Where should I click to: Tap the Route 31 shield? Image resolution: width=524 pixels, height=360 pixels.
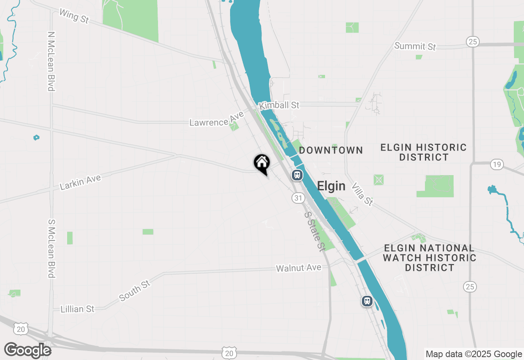pyautogui.click(x=298, y=198)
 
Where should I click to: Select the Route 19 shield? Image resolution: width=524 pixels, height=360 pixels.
pyautogui.click(x=497, y=165)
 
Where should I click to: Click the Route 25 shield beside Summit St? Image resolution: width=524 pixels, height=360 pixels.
pyautogui.click(x=473, y=41)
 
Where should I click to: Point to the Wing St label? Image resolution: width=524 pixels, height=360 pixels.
pyautogui.click(x=74, y=16)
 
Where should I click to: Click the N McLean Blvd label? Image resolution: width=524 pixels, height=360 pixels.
pyautogui.click(x=51, y=61)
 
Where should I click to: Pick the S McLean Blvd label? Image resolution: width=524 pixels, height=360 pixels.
pyautogui.click(x=51, y=248)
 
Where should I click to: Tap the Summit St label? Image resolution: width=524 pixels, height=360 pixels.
pyautogui.click(x=415, y=46)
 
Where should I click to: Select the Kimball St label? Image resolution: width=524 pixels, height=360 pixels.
pyautogui.click(x=280, y=105)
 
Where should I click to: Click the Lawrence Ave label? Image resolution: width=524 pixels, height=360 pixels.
pyautogui.click(x=217, y=119)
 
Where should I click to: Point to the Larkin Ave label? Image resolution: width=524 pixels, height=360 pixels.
pyautogui.click(x=80, y=182)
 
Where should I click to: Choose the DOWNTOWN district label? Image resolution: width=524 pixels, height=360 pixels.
pyautogui.click(x=331, y=150)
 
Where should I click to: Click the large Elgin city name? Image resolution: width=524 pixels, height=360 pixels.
pyautogui.click(x=331, y=187)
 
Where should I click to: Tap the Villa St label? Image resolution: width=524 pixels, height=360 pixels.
pyautogui.click(x=362, y=194)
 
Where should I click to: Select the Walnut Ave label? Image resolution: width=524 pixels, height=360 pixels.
pyautogui.click(x=298, y=268)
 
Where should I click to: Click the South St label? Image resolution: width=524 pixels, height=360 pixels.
pyautogui.click(x=135, y=291)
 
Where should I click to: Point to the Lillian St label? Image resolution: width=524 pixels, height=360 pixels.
pyautogui.click(x=77, y=309)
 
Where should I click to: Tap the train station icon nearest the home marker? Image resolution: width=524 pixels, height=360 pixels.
pyautogui.click(x=297, y=175)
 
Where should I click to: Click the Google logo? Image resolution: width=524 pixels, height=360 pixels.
pyautogui.click(x=28, y=350)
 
